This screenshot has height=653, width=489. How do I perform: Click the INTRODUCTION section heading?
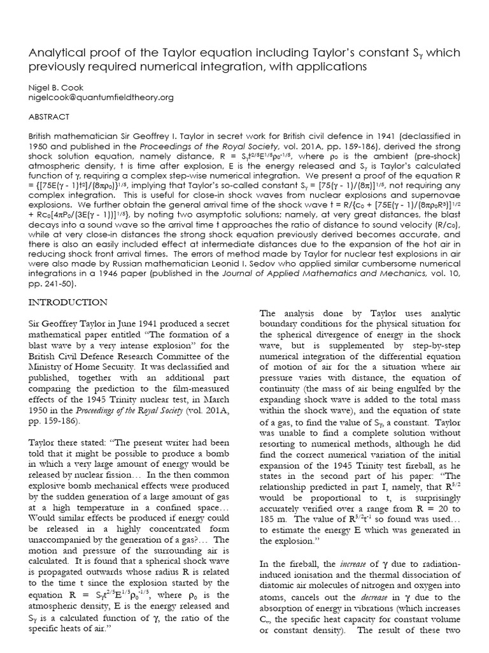point(69,302)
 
